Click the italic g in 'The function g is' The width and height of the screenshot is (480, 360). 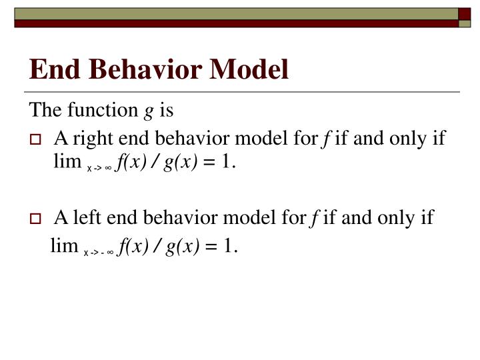[x=147, y=111]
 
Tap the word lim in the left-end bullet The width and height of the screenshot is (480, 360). [x=64, y=247]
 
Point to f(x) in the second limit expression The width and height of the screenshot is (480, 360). [x=130, y=247]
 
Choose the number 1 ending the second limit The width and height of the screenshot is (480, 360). [x=229, y=247]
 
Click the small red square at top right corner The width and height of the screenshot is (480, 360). [x=464, y=13]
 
